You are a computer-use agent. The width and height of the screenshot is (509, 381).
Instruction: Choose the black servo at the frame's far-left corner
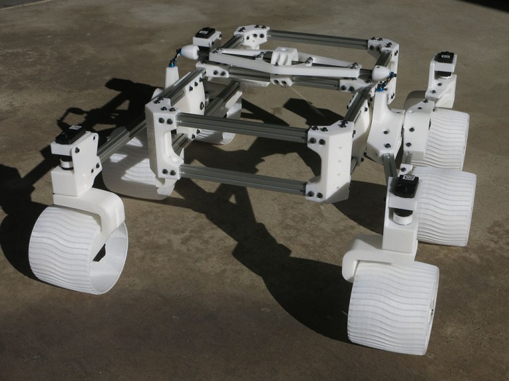coord(207,35)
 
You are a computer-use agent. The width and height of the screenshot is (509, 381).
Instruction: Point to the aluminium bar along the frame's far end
coord(318,38)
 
